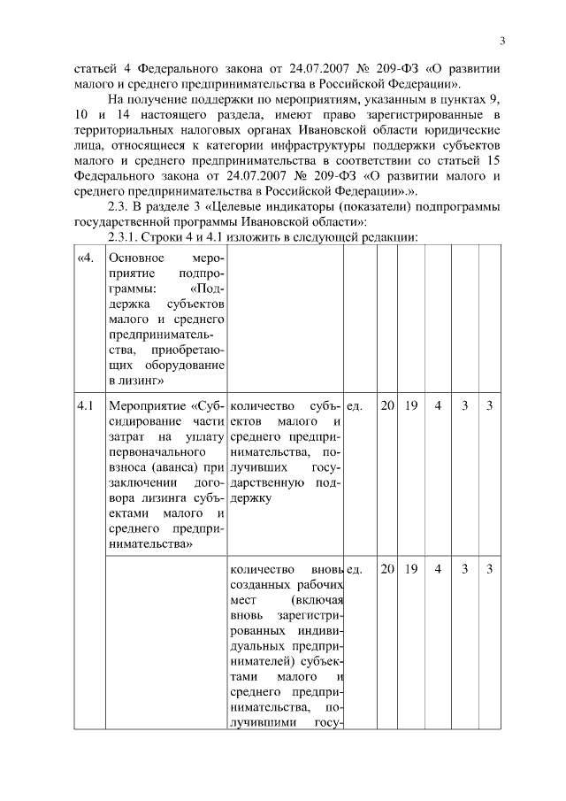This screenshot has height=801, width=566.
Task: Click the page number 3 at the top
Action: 501,41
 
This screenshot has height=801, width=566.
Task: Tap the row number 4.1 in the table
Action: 85,406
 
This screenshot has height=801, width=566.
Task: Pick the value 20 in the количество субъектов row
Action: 387,406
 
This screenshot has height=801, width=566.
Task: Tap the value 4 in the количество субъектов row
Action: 438,406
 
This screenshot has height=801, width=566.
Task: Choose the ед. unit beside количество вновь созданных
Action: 354,569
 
